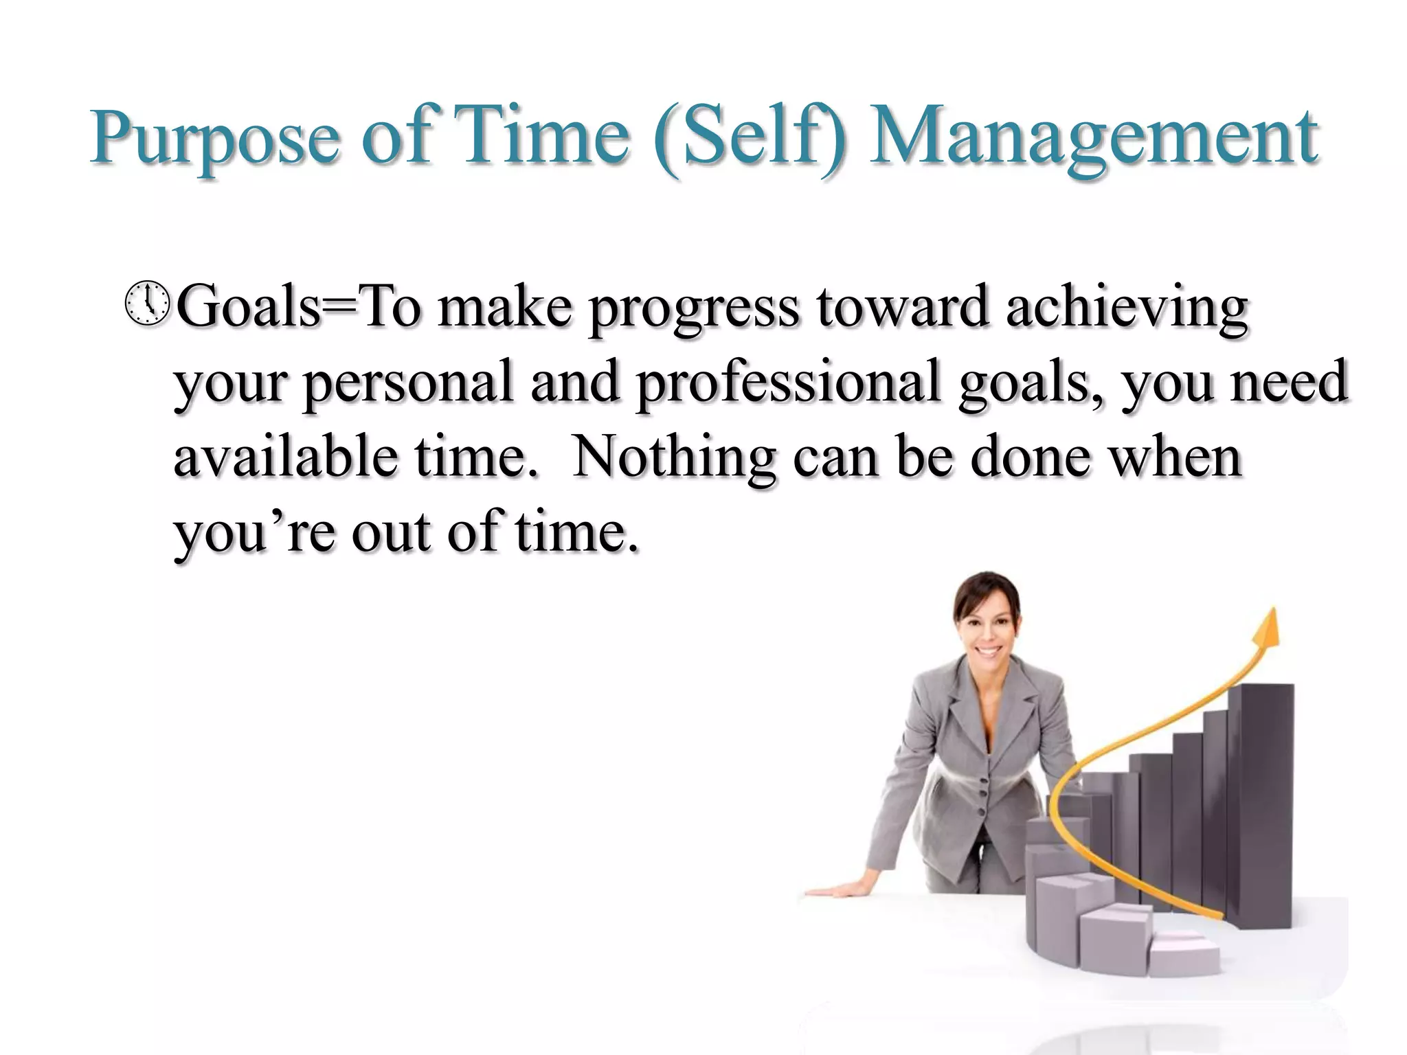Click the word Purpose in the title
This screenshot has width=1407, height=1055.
coord(214,139)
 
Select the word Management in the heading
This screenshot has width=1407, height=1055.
coord(1092,139)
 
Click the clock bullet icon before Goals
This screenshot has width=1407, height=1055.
coord(147,304)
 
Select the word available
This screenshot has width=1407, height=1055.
coord(285,457)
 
